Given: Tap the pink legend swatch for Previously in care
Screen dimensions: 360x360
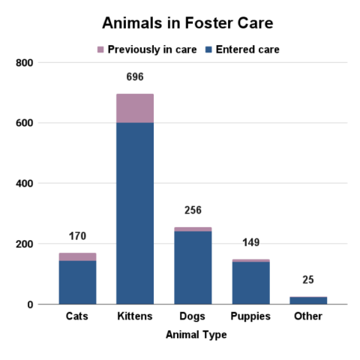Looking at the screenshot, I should click(x=100, y=49).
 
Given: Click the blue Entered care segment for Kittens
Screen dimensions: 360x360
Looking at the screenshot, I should click(x=135, y=213).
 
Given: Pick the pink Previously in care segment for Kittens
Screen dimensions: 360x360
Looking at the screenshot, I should click(x=135, y=108).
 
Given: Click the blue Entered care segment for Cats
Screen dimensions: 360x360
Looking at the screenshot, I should click(x=77, y=282).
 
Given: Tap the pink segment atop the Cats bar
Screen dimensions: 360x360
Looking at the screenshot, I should click(x=77, y=256).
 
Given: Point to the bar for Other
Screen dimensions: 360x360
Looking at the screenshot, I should click(x=308, y=300).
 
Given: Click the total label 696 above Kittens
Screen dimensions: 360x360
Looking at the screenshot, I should click(x=135, y=77).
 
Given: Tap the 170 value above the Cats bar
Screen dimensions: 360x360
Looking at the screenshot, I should click(x=77, y=236).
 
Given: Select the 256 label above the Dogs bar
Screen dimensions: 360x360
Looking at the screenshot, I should click(x=193, y=211).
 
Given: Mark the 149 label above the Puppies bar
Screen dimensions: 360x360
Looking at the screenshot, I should click(x=250, y=243).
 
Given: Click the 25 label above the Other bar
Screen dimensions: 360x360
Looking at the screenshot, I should click(x=308, y=280).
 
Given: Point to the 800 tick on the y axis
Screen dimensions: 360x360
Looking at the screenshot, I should click(x=25, y=63).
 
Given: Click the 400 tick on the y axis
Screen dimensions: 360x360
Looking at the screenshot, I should click(x=25, y=184).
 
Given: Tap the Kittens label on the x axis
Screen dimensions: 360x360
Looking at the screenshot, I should click(x=135, y=316).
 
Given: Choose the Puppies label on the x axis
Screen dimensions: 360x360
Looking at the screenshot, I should click(x=250, y=316).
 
